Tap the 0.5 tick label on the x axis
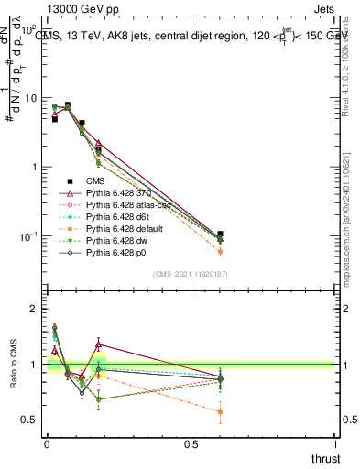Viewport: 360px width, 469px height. tap(191, 444)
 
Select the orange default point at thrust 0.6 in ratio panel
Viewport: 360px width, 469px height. tap(220, 412)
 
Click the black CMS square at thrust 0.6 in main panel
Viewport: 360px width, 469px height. tap(220, 234)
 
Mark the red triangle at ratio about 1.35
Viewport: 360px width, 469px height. tap(98, 344)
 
